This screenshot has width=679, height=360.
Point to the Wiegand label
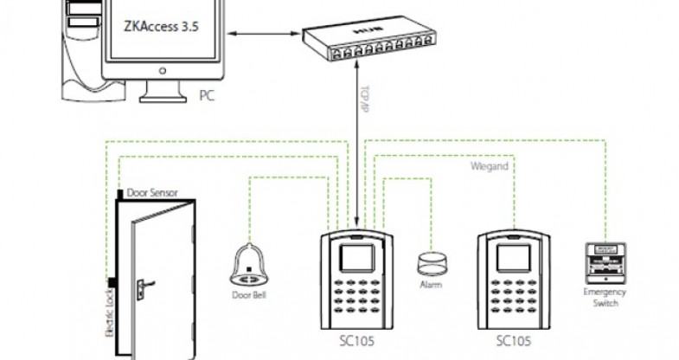click(490, 164)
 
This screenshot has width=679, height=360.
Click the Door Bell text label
click(248, 292)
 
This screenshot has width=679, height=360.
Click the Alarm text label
click(430, 283)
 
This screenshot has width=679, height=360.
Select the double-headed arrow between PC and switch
click(259, 35)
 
